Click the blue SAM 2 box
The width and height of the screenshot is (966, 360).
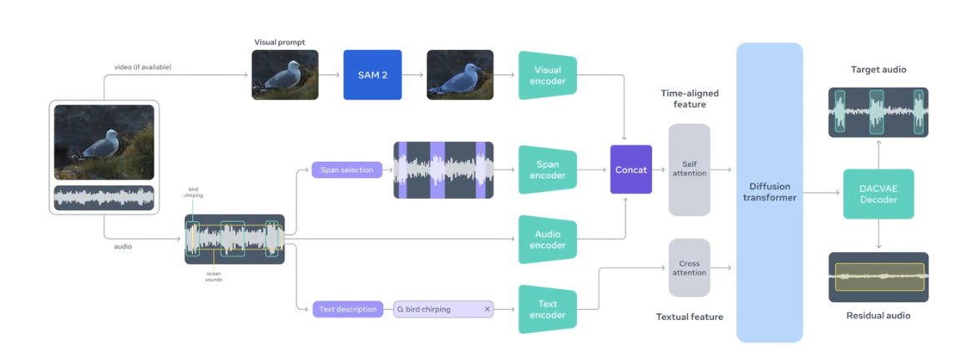click(x=372, y=75)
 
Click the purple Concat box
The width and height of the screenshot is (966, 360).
click(x=630, y=170)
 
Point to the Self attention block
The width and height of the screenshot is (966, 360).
click(x=689, y=170)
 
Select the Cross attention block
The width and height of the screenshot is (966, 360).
click(x=689, y=267)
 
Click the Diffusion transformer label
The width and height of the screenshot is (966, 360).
click(x=769, y=192)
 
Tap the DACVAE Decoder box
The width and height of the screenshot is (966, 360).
click(x=878, y=195)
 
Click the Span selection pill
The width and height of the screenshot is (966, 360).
click(x=346, y=170)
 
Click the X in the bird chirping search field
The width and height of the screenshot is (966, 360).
click(x=487, y=309)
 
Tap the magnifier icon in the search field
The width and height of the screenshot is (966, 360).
click(x=401, y=309)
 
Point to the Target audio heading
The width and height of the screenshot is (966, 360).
click(x=878, y=69)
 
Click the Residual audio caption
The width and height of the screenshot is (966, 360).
click(x=878, y=316)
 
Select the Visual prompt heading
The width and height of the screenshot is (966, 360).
click(x=280, y=42)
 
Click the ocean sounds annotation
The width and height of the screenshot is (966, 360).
click(x=214, y=276)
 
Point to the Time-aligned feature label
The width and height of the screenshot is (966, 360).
click(x=689, y=99)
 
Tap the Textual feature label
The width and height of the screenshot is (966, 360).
click(x=689, y=317)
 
